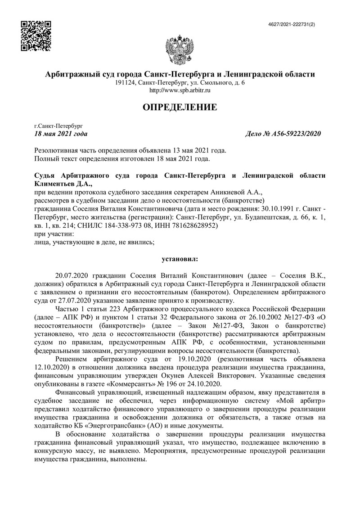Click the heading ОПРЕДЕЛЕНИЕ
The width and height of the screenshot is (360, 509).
point(180,107)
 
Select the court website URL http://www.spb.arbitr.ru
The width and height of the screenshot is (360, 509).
point(180,90)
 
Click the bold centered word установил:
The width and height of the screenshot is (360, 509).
point(180,259)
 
